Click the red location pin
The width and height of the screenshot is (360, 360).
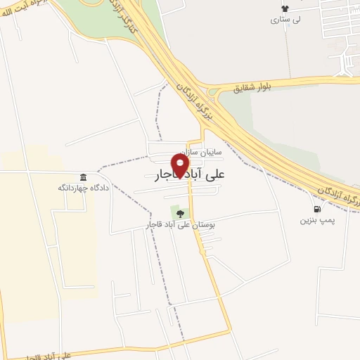coord(181,165)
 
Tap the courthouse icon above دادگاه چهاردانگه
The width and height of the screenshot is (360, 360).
coord(84,176)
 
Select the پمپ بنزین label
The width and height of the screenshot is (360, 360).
coord(316,220)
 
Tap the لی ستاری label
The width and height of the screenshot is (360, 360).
coord(285,20)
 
